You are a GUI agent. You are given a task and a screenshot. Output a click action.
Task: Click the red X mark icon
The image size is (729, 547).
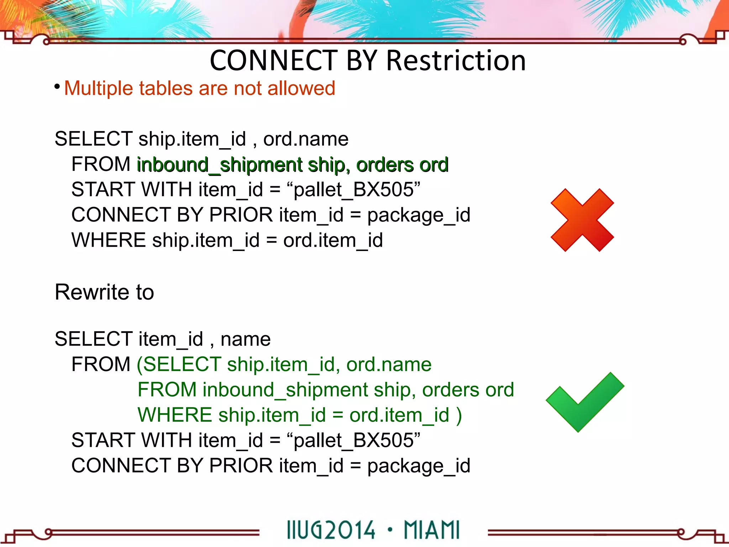pyautogui.click(x=582, y=220)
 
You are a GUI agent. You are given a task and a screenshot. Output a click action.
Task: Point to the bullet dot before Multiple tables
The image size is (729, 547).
pyautogui.click(x=57, y=87)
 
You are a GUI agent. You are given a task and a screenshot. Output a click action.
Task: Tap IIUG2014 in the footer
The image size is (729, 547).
pyautogui.click(x=331, y=530)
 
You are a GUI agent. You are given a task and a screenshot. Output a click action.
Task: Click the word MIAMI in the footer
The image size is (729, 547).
pyautogui.click(x=431, y=530)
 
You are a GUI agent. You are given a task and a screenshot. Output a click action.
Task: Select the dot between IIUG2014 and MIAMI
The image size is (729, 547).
pyautogui.click(x=390, y=529)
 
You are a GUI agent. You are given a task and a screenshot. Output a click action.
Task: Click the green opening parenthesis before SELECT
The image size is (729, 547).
pyautogui.click(x=140, y=365)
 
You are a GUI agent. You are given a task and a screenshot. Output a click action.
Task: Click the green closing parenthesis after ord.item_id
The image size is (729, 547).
pyautogui.click(x=459, y=415)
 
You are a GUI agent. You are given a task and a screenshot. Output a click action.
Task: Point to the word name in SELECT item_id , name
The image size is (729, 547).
pyautogui.click(x=245, y=339)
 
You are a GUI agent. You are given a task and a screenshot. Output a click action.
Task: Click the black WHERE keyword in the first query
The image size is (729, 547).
pyautogui.click(x=109, y=240)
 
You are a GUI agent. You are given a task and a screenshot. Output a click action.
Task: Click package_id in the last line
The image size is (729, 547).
pyautogui.click(x=419, y=466)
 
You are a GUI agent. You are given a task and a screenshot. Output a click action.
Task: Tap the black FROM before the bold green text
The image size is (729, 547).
pyautogui.click(x=101, y=164)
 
